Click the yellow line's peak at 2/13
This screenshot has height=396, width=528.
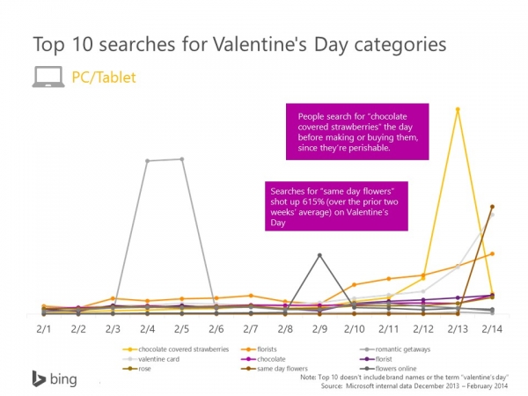click(457, 109)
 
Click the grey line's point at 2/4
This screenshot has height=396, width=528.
click(147, 160)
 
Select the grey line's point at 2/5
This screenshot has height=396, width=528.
click(181, 159)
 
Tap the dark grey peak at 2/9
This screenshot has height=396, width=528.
click(319, 255)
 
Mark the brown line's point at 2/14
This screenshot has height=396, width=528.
click(492, 207)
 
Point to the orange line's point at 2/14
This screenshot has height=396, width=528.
click(492, 253)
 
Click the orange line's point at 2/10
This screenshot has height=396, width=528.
click(354, 284)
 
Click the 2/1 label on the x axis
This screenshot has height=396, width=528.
click(43, 328)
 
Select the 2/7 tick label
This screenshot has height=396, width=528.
click(250, 328)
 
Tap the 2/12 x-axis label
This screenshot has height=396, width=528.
click(422, 328)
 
